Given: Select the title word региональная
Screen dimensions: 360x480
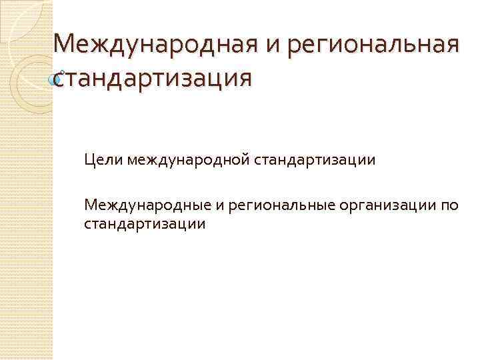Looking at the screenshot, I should tap(359, 47).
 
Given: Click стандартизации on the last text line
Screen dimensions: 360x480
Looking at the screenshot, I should tap(145, 223).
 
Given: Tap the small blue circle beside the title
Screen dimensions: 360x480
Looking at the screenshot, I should tap(57, 79).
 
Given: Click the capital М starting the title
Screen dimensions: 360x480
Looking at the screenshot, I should tap(65, 46).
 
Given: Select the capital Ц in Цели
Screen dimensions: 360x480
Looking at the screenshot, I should tap(89, 160).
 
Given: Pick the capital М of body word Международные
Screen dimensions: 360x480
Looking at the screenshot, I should tap(91, 205).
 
